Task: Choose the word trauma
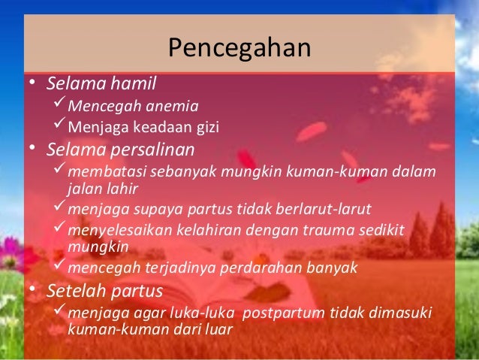coord(315,230)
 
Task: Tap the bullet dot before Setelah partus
coord(33,290)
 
